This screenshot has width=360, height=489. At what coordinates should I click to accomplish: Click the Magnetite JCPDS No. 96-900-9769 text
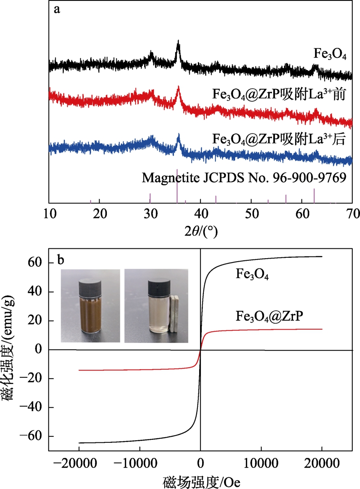(244, 177)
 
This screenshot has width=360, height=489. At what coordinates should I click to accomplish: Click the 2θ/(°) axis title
(201, 231)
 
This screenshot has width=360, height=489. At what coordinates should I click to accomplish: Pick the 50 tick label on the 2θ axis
(251, 214)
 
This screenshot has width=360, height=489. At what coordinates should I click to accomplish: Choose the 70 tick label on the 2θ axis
(351, 214)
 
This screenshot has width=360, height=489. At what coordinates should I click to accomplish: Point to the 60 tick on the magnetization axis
(35, 263)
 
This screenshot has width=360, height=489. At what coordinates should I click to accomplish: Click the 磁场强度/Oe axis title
(201, 482)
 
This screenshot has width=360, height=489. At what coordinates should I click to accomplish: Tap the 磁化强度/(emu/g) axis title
(9, 357)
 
